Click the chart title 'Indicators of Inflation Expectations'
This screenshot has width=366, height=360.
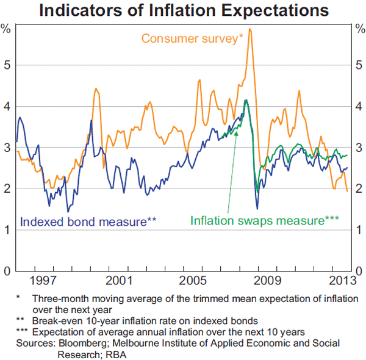coord(184,10)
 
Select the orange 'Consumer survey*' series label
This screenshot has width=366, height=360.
coord(192,38)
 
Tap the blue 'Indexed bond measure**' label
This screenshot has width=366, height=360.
coord(88,221)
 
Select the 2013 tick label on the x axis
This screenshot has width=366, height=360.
coord(342,281)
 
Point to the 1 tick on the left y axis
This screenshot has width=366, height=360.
coord(7,229)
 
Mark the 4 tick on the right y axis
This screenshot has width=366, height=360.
coord(359,106)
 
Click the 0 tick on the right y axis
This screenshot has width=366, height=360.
coord(359,271)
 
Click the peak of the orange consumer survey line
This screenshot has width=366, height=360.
coord(250,29)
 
